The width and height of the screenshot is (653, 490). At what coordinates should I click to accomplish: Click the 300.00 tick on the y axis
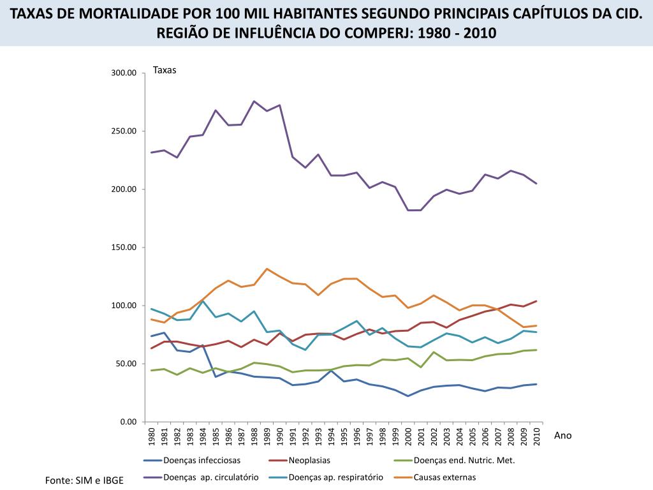124,73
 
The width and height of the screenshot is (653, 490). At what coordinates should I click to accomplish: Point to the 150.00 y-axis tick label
124,248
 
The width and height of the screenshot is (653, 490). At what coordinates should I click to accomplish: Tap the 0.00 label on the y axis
129,422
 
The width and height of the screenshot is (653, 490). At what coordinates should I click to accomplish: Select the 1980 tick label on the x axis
152,436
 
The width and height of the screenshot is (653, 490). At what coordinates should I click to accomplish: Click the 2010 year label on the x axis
537,436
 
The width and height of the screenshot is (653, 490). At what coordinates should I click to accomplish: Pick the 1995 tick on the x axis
344,436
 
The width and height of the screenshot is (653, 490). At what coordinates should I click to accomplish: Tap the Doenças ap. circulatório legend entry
210,477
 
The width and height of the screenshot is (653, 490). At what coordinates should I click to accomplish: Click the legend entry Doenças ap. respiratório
335,477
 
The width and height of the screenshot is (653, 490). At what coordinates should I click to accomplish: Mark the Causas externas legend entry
444,477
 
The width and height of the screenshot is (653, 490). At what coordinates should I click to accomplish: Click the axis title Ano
563,435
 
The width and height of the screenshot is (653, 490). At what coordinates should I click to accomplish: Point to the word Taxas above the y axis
165,70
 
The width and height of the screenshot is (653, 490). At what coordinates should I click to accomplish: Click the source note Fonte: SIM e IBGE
84,480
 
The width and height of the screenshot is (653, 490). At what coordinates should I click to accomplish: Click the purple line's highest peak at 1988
254,101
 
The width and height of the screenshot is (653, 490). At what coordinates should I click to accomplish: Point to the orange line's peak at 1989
267,269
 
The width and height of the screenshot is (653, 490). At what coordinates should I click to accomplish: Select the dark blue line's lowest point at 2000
408,396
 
